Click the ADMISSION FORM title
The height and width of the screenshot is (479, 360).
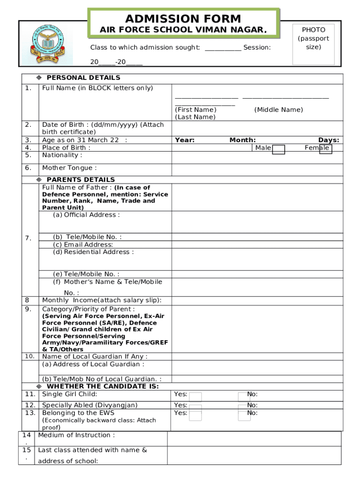pyautogui.click(x=183, y=19)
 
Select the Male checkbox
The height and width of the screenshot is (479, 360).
pyautogui.click(x=279, y=149)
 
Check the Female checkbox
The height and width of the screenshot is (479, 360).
pyautogui.click(x=325, y=149)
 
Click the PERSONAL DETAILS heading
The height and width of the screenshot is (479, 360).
pyautogui.click(x=83, y=78)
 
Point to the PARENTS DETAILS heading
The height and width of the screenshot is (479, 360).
pyautogui.click(x=80, y=180)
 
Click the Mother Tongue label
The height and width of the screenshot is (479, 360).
pyautogui.click(x=70, y=168)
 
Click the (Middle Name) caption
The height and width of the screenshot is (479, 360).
pyautogui.click(x=279, y=109)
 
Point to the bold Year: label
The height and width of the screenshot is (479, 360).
pyautogui.click(x=185, y=140)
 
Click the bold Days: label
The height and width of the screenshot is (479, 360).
pyautogui.click(x=329, y=140)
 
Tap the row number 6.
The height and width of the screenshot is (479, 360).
pyautogui.click(x=28, y=168)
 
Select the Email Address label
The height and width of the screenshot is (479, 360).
pyautogui.click(x=83, y=245)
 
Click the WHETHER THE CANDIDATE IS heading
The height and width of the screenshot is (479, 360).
pyautogui.click(x=102, y=386)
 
